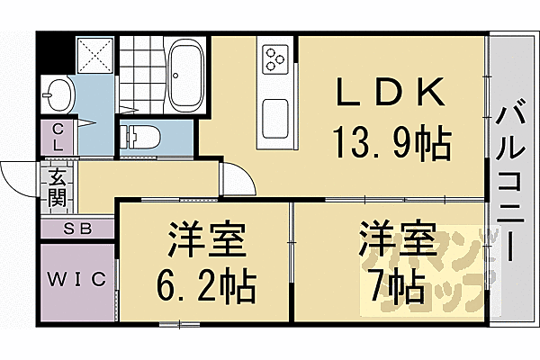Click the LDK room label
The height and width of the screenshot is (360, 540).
coord(389,93)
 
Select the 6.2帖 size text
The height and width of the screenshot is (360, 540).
coord(204,288)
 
